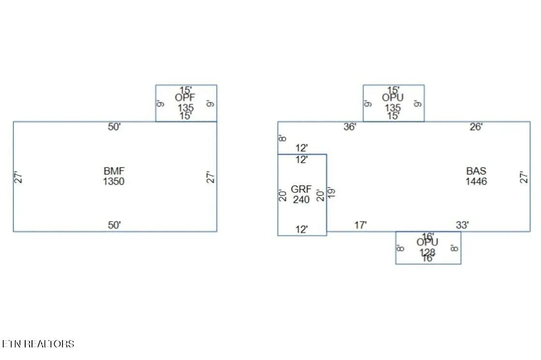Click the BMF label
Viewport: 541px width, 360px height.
114,171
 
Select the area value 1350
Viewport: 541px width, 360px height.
114,182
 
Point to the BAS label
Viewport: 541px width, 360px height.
476,171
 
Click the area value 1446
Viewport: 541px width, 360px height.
476,182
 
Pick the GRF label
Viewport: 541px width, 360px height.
301,189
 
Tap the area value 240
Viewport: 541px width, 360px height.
301,199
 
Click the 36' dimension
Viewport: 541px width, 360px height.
350,127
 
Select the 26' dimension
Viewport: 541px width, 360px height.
476,127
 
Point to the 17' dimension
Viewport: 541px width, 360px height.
360,225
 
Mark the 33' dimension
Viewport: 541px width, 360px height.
462,225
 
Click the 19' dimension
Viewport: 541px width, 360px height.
333,192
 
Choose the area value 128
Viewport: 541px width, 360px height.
428,252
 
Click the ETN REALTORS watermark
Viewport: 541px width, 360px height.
38,344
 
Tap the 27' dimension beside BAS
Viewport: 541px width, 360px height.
523,177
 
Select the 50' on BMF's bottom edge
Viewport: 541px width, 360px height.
114,225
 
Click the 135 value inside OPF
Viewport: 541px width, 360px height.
185,108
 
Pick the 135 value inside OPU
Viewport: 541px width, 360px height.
393,108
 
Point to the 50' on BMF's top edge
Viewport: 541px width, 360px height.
114,127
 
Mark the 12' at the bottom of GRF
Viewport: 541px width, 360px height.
302,230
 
